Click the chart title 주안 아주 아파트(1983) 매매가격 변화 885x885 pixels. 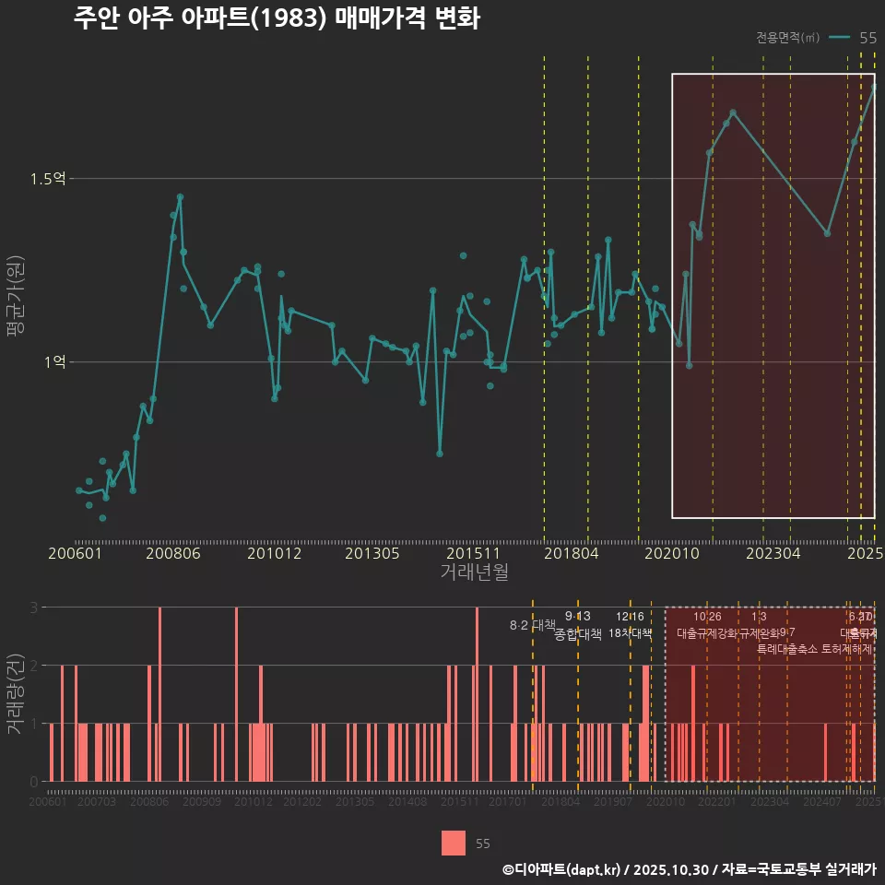coord(277,19)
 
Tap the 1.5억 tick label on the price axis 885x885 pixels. coord(48,179)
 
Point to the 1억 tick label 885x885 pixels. coord(54,362)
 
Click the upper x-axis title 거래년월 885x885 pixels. coord(474,572)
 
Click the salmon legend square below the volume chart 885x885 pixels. coord(454,843)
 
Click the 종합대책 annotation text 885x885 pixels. coord(578,634)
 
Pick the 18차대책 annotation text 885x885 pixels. coord(631,634)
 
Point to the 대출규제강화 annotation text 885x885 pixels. coord(707,634)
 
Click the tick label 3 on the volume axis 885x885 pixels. coord(33,608)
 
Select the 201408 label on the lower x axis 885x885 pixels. coord(407,803)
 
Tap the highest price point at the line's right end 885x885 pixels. coord(874,87)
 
